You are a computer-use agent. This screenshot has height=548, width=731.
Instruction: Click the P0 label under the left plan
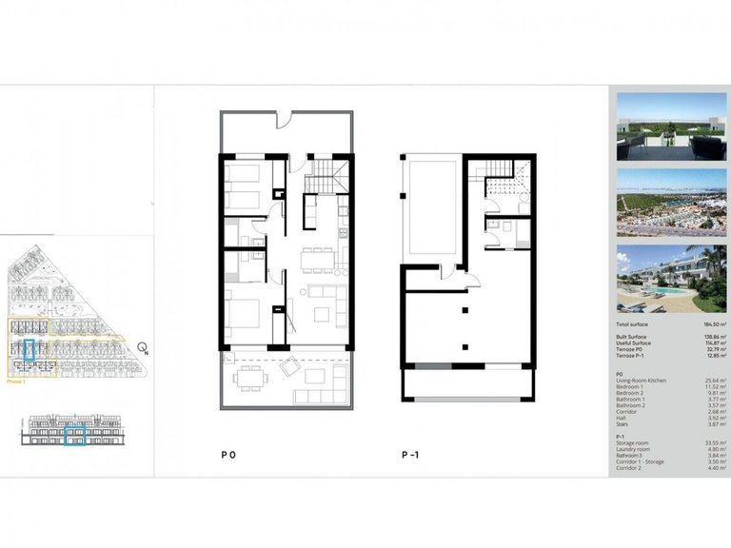pos(227,456)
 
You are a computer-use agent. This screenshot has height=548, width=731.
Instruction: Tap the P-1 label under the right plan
pos(410,456)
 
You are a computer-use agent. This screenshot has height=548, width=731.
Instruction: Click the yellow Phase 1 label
pos(16,380)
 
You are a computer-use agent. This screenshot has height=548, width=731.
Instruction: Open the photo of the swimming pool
pos(672,279)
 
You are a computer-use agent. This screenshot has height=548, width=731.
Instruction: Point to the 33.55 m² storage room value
pos(712,441)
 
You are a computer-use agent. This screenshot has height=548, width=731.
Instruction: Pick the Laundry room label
pos(634,448)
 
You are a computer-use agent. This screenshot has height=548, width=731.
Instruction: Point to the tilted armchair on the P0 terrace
pos(290,364)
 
